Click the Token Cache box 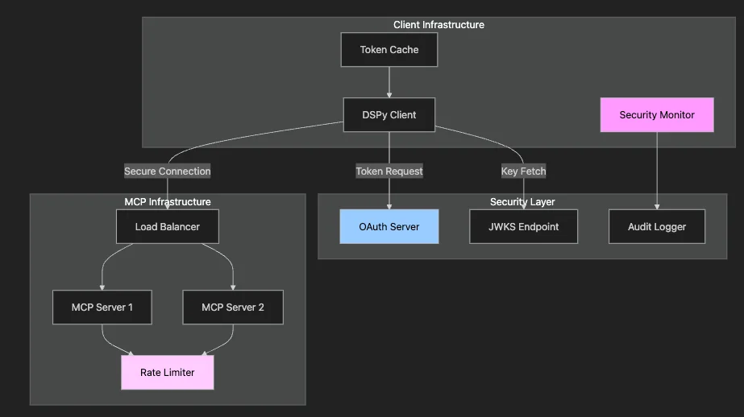389,50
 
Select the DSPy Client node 389,115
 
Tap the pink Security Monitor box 657,115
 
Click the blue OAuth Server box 389,227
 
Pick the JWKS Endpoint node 523,227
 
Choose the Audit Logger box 657,227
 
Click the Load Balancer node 168,227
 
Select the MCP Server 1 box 102,308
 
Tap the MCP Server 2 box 233,308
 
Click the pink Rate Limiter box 168,373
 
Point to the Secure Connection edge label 168,171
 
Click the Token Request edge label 389,171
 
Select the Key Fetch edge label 523,171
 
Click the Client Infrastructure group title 439,25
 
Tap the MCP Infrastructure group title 168,202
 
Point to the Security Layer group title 522,202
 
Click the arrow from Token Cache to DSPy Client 389,82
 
